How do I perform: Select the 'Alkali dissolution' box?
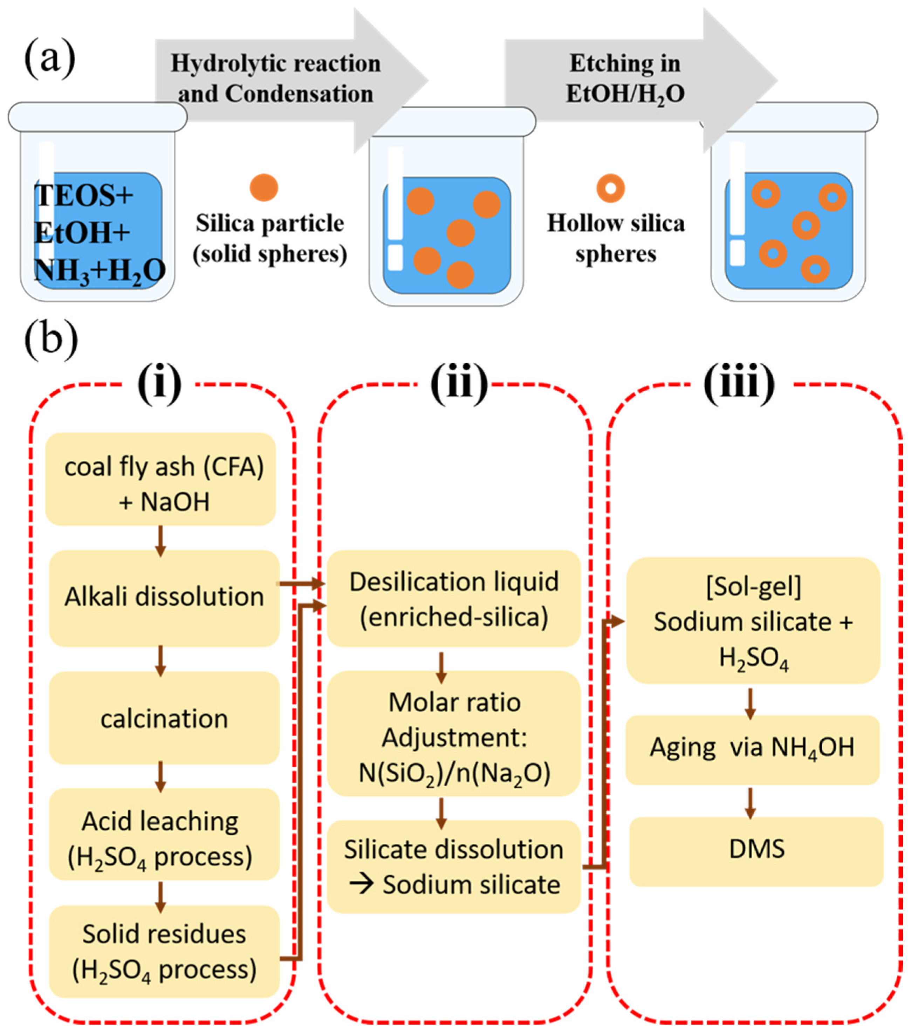pyautogui.click(x=164, y=597)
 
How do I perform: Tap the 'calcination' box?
pyautogui.click(x=164, y=718)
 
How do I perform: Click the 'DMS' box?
pyautogui.click(x=756, y=849)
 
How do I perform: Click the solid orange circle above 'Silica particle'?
pyautogui.click(x=264, y=187)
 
